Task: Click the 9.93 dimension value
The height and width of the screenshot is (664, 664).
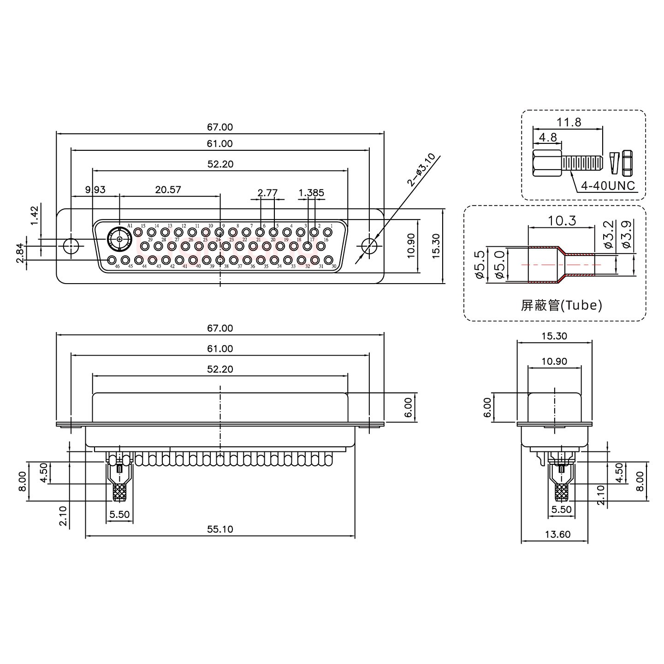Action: (x=95, y=190)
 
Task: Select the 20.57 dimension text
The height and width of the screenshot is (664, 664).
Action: (x=168, y=190)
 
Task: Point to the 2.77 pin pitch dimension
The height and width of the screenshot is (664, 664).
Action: (x=267, y=193)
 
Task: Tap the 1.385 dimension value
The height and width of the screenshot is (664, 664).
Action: (x=311, y=193)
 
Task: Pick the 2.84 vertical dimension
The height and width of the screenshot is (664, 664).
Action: (x=20, y=254)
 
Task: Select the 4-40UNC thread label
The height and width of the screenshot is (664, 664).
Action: (x=608, y=186)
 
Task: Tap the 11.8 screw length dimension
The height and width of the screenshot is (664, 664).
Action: (x=569, y=122)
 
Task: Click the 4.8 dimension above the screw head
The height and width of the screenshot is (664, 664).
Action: (x=547, y=137)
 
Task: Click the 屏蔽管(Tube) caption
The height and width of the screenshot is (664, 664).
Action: (x=561, y=305)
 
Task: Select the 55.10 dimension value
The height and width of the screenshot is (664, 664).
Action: (x=220, y=529)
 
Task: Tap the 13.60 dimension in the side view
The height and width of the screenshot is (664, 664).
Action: (x=557, y=534)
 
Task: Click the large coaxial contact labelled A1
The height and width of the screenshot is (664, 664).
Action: (x=119, y=239)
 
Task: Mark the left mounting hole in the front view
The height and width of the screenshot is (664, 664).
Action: (x=71, y=245)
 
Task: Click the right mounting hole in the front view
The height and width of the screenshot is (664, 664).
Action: (x=369, y=245)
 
